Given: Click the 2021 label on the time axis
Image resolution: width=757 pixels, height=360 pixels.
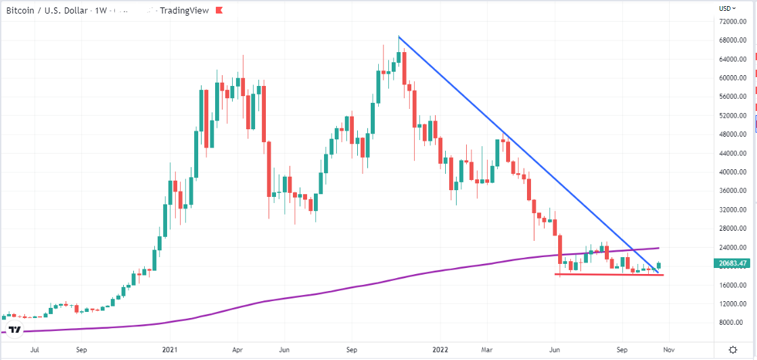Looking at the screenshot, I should point(170,351).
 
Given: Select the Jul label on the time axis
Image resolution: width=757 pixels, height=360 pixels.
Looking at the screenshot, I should point(35,351).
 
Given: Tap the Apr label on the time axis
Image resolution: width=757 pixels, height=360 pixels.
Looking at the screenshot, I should point(237,351).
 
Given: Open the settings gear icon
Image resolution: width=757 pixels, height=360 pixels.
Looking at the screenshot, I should point(733,350).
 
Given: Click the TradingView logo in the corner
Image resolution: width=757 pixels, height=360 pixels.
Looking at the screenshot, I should point(14,329).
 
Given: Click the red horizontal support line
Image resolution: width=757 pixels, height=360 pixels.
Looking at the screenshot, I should point(609,274).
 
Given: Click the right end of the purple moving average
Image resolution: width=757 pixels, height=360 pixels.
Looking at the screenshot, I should point(658,248).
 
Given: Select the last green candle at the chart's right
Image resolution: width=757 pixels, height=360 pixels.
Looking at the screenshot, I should point(659,266).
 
